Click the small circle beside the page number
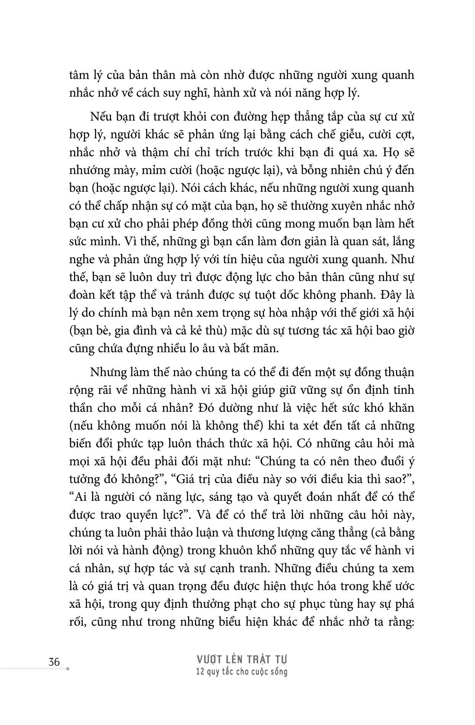pyautogui.click(x=68, y=669)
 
